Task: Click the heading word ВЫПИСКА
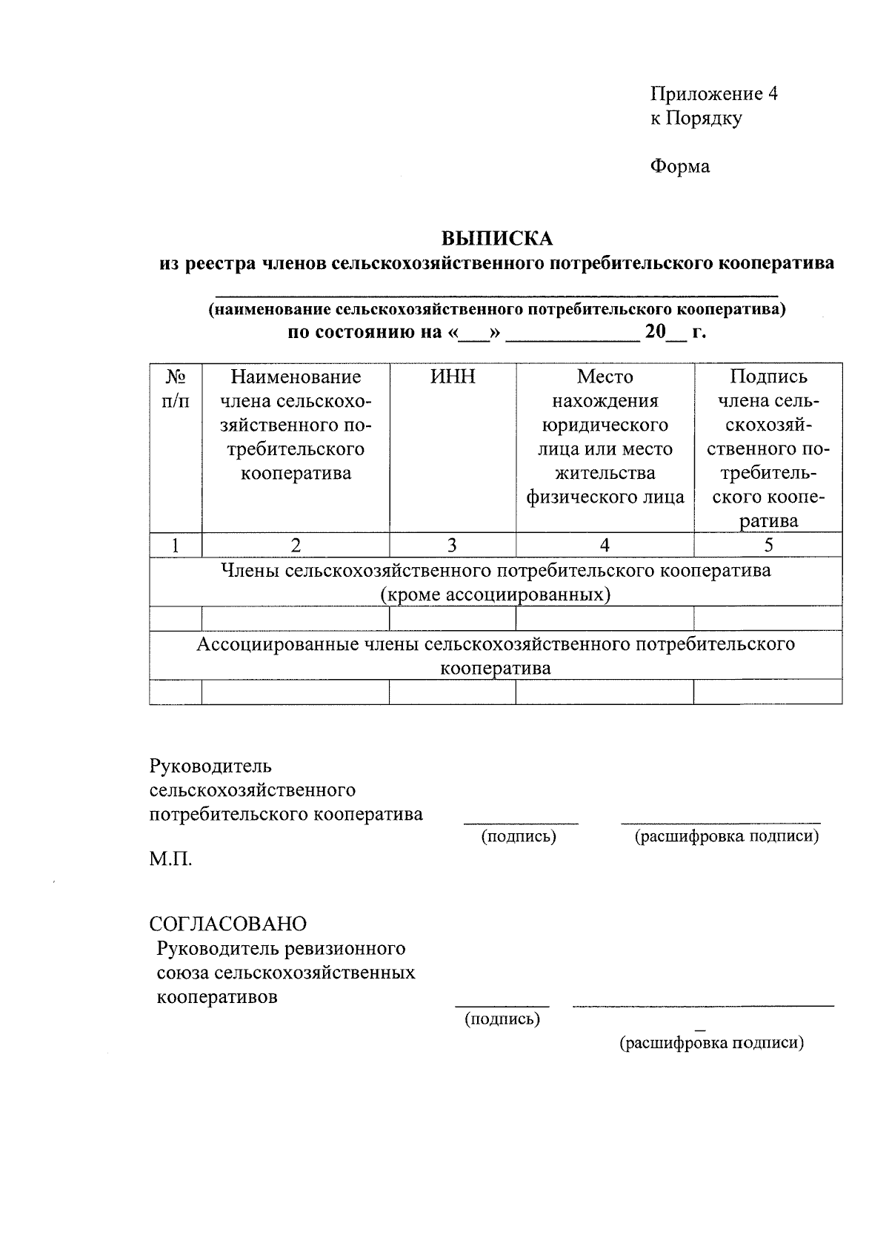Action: click(x=497, y=239)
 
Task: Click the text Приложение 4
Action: click(x=713, y=94)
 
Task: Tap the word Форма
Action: click(x=679, y=166)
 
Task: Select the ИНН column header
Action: click(x=452, y=377)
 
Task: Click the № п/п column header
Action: click(x=175, y=389)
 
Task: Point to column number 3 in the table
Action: click(x=452, y=546)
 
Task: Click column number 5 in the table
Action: click(x=768, y=546)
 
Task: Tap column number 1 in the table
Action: click(x=175, y=546)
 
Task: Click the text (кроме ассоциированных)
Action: click(x=496, y=595)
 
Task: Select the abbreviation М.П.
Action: click(x=170, y=859)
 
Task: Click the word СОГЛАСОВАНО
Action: click(x=227, y=924)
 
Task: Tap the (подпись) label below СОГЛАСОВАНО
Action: click(x=502, y=1019)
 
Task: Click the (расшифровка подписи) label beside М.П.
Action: click(x=726, y=836)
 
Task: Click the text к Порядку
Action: click(x=696, y=118)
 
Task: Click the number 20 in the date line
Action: click(x=656, y=332)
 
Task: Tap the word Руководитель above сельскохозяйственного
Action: click(x=210, y=765)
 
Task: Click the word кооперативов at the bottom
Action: click(x=217, y=996)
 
